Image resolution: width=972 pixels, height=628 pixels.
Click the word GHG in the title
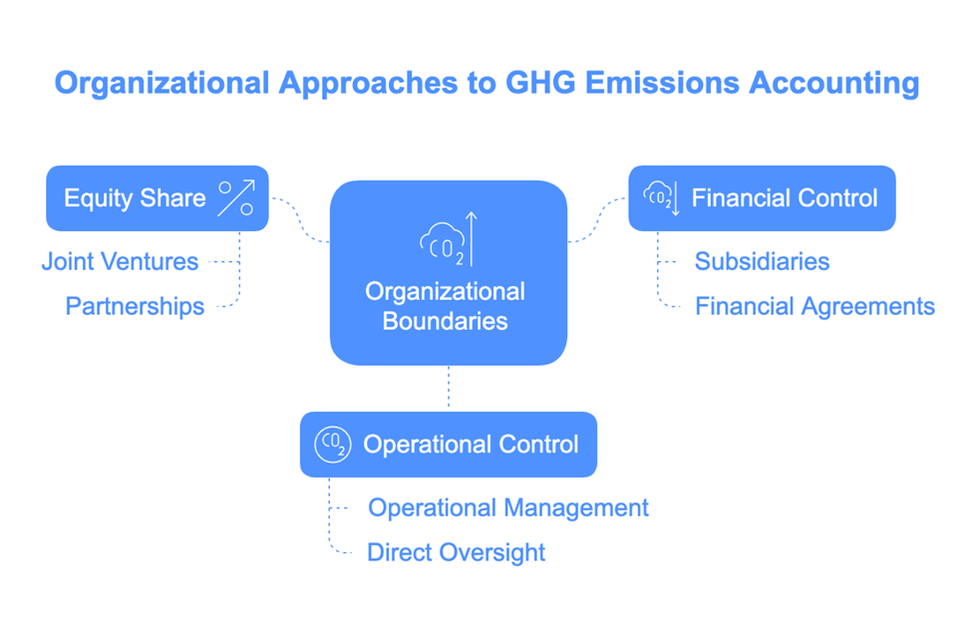click(x=540, y=83)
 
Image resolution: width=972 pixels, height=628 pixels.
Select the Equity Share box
click(x=158, y=198)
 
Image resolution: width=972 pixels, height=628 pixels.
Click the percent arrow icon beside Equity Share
click(x=236, y=197)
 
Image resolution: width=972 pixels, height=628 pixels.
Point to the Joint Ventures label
click(x=121, y=261)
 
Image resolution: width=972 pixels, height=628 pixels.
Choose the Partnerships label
click(x=136, y=306)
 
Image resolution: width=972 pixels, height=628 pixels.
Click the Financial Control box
click(x=762, y=198)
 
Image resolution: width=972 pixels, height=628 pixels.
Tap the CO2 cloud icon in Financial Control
click(x=661, y=197)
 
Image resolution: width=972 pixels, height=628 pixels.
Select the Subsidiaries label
click(x=762, y=261)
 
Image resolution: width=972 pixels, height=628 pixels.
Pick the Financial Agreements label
click(x=814, y=306)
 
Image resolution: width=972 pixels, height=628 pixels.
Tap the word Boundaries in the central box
click(x=445, y=321)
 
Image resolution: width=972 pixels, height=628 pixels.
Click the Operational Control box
click(x=449, y=445)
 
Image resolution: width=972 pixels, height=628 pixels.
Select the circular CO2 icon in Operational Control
click(x=333, y=445)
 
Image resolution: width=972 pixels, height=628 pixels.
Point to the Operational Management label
click(x=508, y=507)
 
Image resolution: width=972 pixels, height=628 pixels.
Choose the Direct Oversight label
click(x=457, y=552)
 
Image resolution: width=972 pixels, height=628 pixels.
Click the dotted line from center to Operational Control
click(x=449, y=388)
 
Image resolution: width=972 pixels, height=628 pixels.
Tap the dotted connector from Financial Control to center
click(x=597, y=219)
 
